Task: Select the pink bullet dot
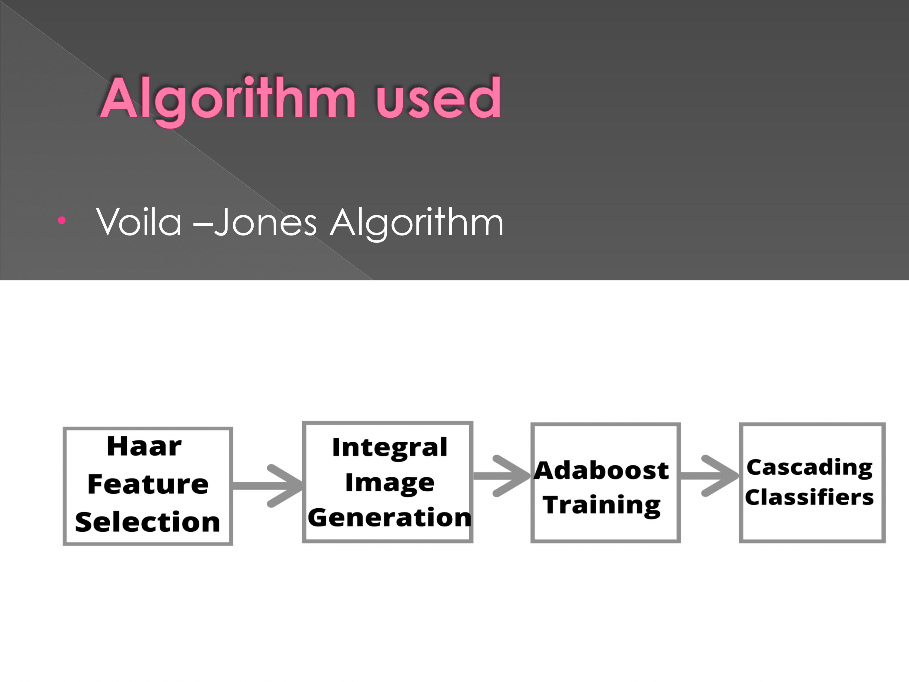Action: pos(62,220)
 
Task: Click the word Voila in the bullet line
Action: pos(138,222)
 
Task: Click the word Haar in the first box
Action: pos(144,446)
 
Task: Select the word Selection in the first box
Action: pos(148,522)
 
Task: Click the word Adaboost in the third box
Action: pos(601,470)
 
